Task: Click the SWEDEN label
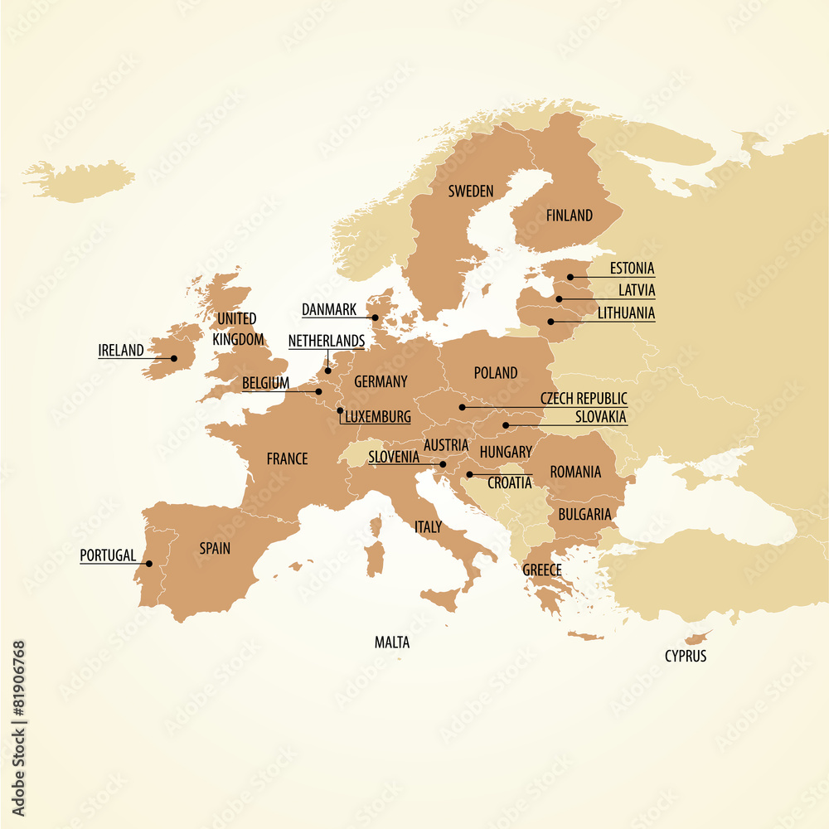[x=471, y=191]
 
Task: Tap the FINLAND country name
[x=570, y=216]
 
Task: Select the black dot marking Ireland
[x=174, y=359]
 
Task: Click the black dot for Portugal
[x=149, y=564]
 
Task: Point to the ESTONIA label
[x=632, y=269]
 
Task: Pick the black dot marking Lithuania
[x=550, y=322]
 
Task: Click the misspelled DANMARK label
[x=329, y=309]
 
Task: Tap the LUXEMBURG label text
[x=378, y=417]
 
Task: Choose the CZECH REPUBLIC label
[x=584, y=400]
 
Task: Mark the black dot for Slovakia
[x=506, y=425]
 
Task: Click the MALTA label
[x=392, y=642]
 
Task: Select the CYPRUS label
[x=686, y=656]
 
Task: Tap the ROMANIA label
[x=575, y=472]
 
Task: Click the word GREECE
[x=541, y=570]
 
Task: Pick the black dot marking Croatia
[x=469, y=475]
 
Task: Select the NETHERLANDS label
[x=327, y=341]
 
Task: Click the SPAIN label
[x=215, y=548]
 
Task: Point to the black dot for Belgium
[x=318, y=391]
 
